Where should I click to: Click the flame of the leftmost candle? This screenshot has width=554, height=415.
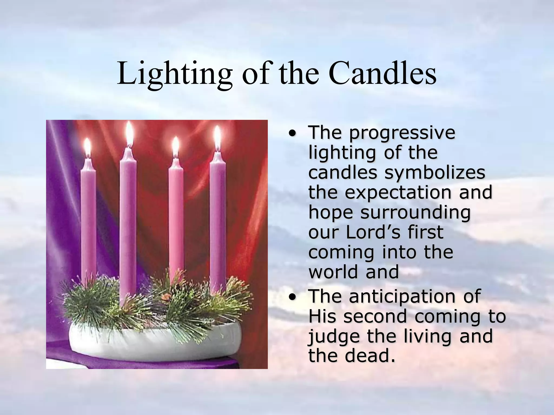pos(87,147)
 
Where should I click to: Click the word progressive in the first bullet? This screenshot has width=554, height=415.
pos(402,133)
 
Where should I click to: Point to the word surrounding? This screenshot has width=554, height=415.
pos(415,212)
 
